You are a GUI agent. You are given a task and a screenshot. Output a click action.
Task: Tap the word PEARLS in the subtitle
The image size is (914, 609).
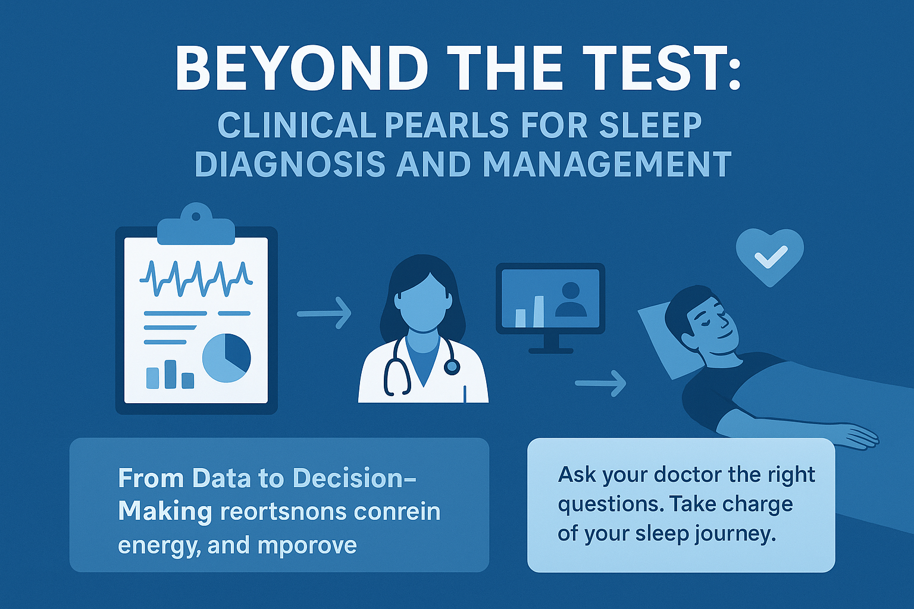(x=446, y=125)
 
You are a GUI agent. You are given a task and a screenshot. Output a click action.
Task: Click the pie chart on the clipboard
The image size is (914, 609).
(x=226, y=357)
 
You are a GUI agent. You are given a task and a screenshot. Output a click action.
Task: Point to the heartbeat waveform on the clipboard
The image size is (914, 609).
(x=196, y=278)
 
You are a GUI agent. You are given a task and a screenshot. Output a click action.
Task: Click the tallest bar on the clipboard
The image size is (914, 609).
(x=170, y=374)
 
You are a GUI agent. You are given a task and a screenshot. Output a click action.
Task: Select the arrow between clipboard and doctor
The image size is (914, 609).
(x=324, y=313)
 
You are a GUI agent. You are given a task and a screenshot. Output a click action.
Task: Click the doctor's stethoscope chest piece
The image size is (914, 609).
(x=452, y=367)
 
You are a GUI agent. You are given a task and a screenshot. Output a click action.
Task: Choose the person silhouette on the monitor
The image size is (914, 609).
(x=570, y=300)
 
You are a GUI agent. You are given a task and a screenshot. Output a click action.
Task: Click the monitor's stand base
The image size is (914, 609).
(x=550, y=350)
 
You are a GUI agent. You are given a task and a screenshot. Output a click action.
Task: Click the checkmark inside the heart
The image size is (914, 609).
(x=770, y=258)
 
